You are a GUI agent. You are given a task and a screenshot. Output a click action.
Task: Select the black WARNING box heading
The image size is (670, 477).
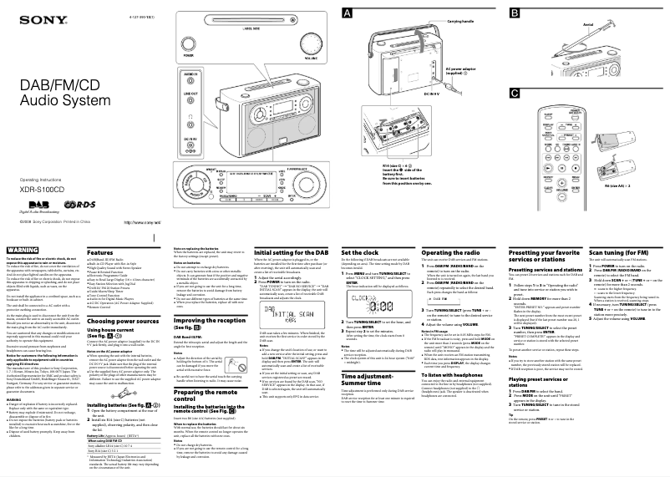point(22,250)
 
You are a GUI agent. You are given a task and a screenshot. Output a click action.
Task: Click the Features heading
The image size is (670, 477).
point(101,252)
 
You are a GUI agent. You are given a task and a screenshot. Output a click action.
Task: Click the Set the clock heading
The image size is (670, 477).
point(360,252)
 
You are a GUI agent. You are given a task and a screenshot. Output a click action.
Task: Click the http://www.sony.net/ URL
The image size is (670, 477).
point(141,221)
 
